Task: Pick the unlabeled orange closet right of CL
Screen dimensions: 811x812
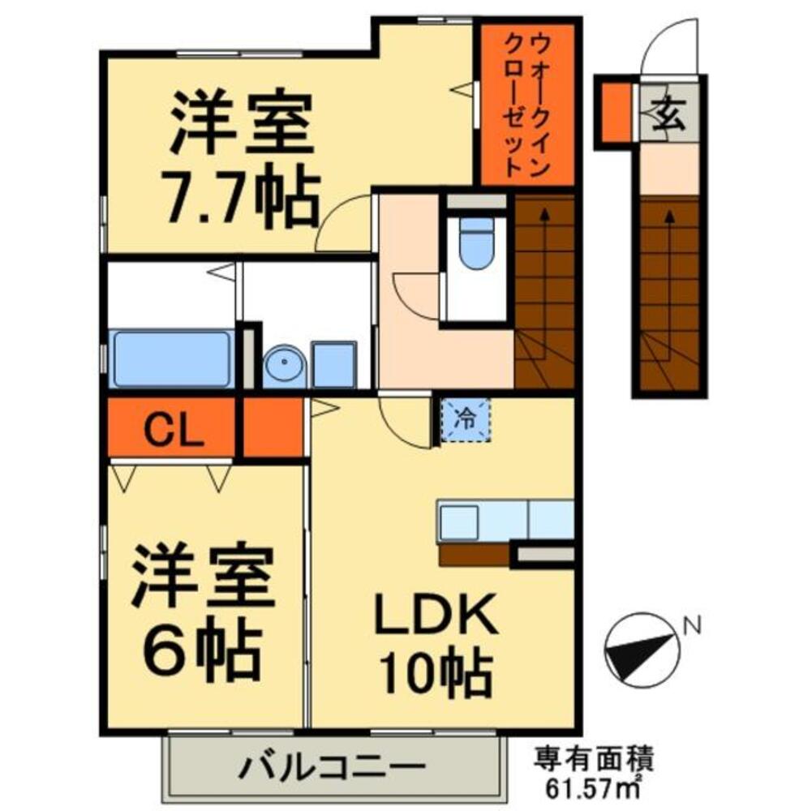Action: click(273, 426)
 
